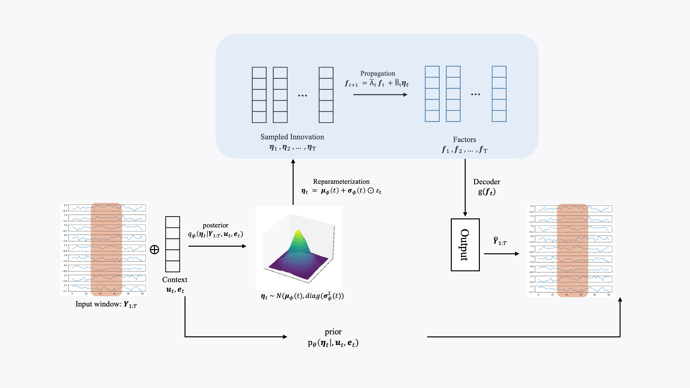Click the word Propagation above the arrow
click(377, 73)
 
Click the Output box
click(465, 245)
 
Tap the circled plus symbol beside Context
click(154, 250)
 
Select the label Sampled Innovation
click(292, 137)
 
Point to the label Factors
click(464, 140)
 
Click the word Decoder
click(486, 182)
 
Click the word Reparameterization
click(341, 182)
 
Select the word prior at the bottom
click(333, 332)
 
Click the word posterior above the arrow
click(215, 225)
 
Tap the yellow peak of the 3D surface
click(298, 232)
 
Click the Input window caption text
click(106, 305)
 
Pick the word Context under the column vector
click(175, 280)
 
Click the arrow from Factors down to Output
click(465, 187)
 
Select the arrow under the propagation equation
click(380, 94)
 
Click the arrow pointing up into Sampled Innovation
click(293, 182)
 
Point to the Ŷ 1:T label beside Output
click(500, 241)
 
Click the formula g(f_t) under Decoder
click(487, 192)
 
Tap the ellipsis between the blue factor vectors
click(475, 94)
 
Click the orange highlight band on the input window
click(106, 249)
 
